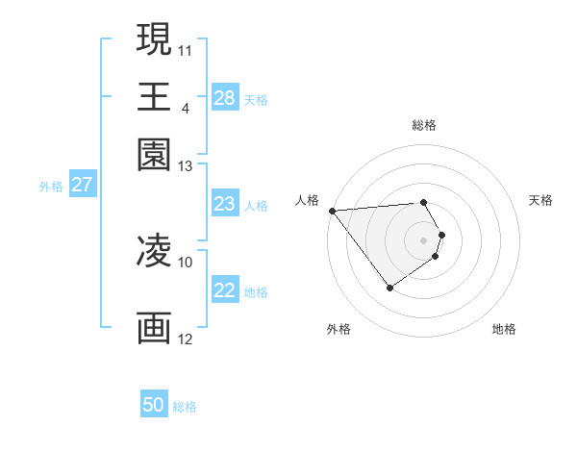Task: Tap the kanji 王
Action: [x=154, y=96]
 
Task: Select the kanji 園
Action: [x=154, y=154]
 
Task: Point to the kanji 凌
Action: [x=154, y=252]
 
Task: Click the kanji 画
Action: [x=154, y=327]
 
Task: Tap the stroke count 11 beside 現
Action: [x=186, y=48]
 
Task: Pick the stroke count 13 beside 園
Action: [x=186, y=166]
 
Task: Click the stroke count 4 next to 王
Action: [x=185, y=107]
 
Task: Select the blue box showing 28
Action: [x=225, y=98]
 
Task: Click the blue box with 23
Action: [x=225, y=204]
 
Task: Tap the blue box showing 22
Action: [x=225, y=291]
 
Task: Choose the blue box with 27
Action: [x=82, y=185]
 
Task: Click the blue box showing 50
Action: [x=154, y=406]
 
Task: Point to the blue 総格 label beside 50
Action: [x=185, y=407]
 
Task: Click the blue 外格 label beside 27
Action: [x=51, y=187]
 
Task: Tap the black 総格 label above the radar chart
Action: [x=424, y=125]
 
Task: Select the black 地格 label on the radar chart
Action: [x=504, y=329]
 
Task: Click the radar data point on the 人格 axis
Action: [x=332, y=211]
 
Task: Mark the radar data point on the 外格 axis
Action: [x=389, y=288]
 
